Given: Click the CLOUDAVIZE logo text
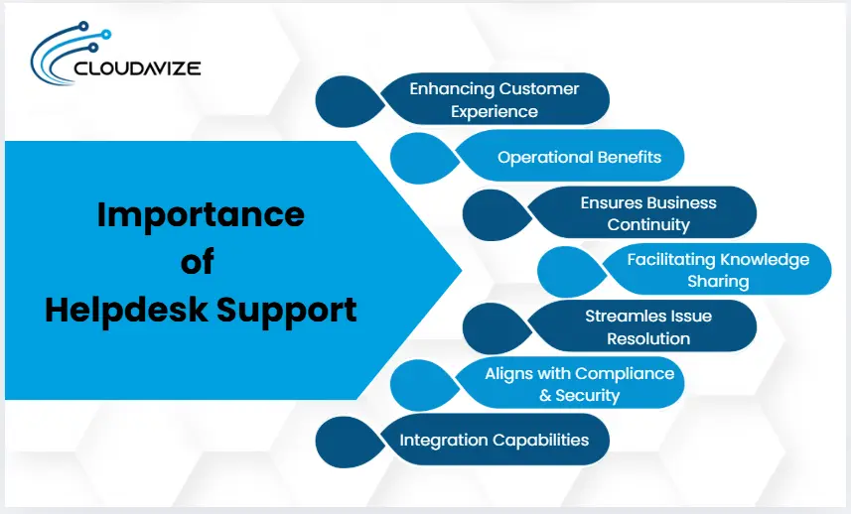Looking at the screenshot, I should point(138,69).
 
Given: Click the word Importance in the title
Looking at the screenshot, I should point(201,214).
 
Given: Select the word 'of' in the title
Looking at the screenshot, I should point(198,262).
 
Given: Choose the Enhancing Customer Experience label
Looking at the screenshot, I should point(494,99).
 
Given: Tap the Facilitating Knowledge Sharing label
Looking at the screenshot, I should point(718,270).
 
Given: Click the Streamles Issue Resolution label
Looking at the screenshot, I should point(647,326).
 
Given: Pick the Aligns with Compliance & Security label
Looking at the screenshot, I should point(579,384).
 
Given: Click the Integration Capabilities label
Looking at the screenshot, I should point(494,440).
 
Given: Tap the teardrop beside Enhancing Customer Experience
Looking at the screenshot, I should point(348,99).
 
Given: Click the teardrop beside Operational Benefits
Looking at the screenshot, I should point(422,157).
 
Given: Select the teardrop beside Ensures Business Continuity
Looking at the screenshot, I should point(496,213).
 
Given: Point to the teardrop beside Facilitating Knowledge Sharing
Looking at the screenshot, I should point(570,270).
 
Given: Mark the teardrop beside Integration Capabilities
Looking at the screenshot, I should point(348,440).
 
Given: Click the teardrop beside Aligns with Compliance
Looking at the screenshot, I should point(422,384).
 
